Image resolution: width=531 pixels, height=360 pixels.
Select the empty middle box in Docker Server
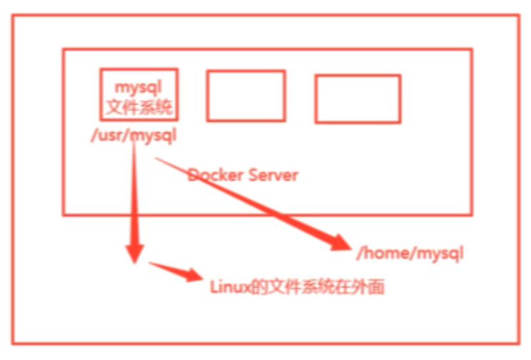[246, 95]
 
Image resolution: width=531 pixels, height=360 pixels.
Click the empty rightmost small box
[358, 99]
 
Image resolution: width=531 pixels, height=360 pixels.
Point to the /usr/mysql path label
[133, 135]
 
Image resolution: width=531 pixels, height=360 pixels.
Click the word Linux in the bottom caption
[228, 287]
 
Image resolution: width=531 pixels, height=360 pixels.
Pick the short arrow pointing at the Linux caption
[175, 272]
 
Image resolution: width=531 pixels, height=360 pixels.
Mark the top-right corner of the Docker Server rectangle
[471, 49]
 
